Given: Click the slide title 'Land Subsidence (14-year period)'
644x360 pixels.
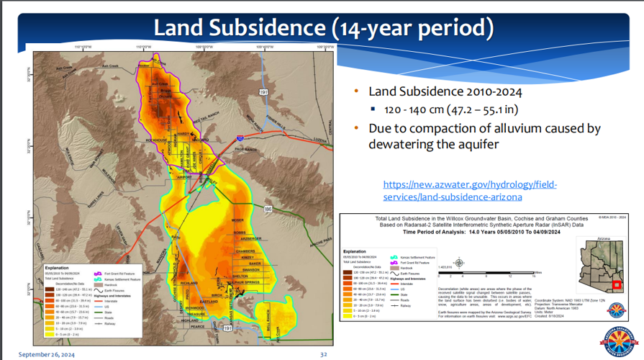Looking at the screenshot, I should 323,28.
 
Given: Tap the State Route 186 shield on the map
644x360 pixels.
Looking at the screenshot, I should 268,209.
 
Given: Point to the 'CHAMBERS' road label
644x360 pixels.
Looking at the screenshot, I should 245,251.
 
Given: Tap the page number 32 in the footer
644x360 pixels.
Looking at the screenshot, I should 323,354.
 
